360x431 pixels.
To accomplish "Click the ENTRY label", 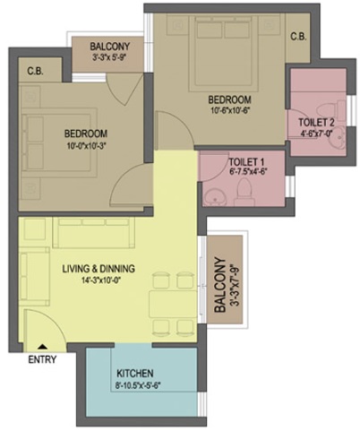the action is (x=42, y=359).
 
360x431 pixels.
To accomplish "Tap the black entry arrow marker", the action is (x=43, y=347).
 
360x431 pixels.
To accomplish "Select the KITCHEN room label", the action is (x=135, y=374).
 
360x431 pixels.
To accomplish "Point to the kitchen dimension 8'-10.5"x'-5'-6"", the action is (x=138, y=385).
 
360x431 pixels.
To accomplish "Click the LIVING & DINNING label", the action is (x=99, y=269).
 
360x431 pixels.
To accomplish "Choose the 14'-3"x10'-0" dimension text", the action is (x=102, y=280).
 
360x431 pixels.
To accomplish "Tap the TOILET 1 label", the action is (x=246, y=162).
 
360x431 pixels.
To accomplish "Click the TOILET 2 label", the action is (x=316, y=123).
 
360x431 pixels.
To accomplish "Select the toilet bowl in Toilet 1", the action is (x=244, y=192).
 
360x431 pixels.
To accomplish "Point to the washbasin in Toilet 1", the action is (x=215, y=196).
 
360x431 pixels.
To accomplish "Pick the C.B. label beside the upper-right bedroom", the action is (x=298, y=37).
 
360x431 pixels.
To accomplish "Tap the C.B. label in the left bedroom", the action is (x=35, y=71).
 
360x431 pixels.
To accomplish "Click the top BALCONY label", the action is (x=110, y=47).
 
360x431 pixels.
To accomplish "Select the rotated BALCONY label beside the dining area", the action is (x=220, y=285).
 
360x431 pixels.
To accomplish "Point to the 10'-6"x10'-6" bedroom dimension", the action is (x=229, y=110).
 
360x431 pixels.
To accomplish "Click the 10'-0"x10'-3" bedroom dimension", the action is (x=87, y=145).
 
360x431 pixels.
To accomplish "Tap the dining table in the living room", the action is (x=173, y=304).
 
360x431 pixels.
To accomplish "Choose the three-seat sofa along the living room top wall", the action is (x=93, y=232).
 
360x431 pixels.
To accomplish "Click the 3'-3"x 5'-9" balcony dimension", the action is (x=110, y=57).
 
